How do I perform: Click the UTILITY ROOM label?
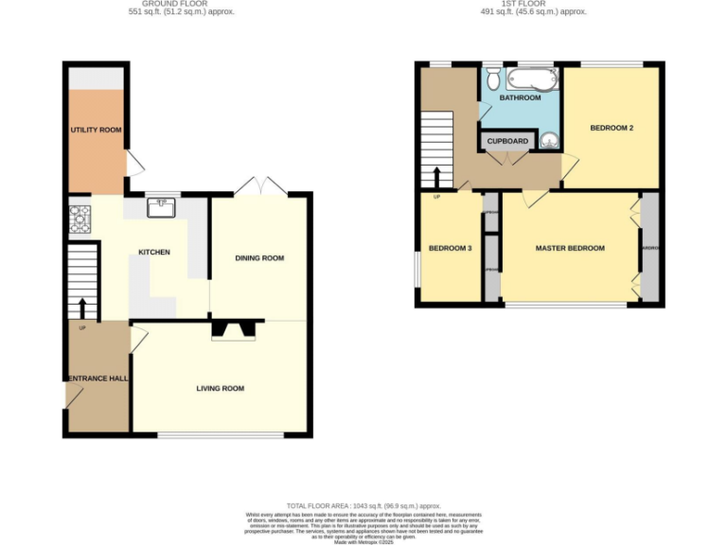point(96,130)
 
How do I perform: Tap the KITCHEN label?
point(154,253)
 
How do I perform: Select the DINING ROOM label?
point(259,258)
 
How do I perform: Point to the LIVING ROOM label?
point(221,388)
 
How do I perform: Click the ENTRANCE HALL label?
point(97,378)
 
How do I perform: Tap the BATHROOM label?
point(520,98)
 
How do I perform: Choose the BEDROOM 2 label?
point(612,128)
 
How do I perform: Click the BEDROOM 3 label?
point(450,249)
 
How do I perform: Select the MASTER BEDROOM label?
point(570,249)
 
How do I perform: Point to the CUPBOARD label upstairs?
point(507,141)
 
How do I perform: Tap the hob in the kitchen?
point(78,220)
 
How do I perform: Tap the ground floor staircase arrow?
point(82,308)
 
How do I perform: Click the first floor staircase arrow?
point(437,178)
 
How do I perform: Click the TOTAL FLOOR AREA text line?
point(363,506)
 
